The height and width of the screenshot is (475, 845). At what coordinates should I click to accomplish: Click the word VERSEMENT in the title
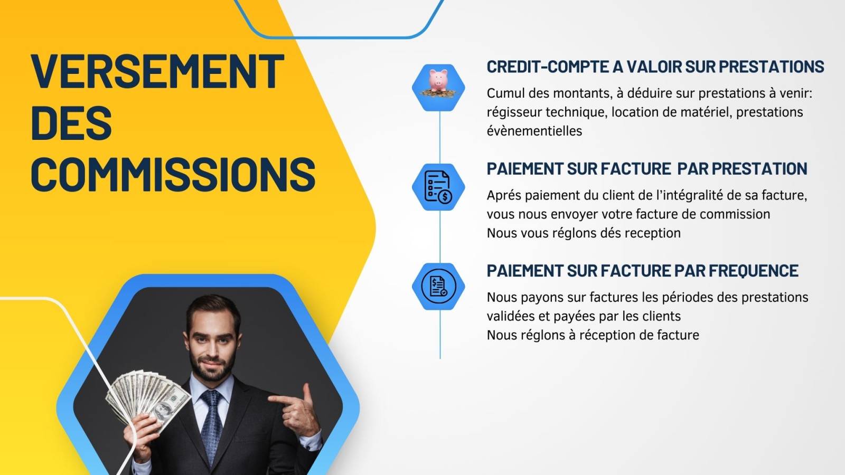157,72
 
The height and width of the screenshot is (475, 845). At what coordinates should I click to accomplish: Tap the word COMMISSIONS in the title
173,175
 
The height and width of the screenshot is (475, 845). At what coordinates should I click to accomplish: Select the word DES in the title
71,123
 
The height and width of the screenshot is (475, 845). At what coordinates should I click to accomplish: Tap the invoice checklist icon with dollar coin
438,187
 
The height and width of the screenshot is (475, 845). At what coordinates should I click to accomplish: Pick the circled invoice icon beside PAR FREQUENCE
438,286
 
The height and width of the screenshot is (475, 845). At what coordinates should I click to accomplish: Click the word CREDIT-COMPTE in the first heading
547,66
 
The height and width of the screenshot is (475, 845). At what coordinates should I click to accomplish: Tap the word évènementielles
534,131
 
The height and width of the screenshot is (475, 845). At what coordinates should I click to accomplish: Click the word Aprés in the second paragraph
504,196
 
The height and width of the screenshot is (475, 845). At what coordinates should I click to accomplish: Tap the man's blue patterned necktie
211,426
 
